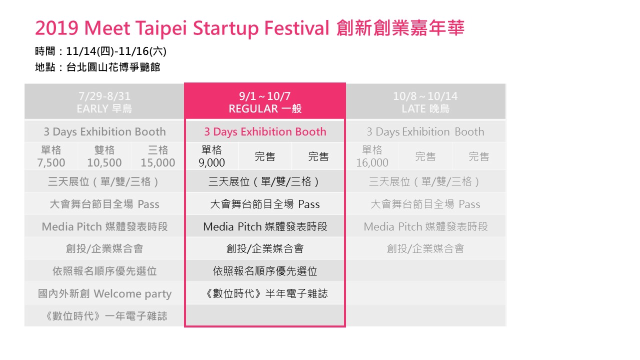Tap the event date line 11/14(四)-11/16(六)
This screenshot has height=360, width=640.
click(116, 51)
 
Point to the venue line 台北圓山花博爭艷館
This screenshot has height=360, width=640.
click(113, 67)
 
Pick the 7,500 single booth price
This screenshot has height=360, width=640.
click(51, 162)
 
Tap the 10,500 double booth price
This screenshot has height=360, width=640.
click(104, 162)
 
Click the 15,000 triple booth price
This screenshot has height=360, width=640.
click(157, 162)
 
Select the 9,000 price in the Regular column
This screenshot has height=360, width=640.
click(211, 162)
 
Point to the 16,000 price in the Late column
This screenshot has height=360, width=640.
click(372, 162)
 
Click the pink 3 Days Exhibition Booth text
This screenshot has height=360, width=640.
click(265, 131)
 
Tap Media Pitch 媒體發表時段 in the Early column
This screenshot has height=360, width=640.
click(104, 226)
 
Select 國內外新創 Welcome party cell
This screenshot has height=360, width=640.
click(104, 293)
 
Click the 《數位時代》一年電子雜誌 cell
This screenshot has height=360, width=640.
click(104, 316)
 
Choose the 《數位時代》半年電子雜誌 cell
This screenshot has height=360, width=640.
click(265, 293)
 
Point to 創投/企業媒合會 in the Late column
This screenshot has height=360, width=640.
click(425, 248)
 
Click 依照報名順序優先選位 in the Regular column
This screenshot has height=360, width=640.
click(265, 271)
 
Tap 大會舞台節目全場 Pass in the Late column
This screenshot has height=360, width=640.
click(425, 204)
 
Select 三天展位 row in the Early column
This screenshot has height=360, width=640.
click(104, 181)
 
